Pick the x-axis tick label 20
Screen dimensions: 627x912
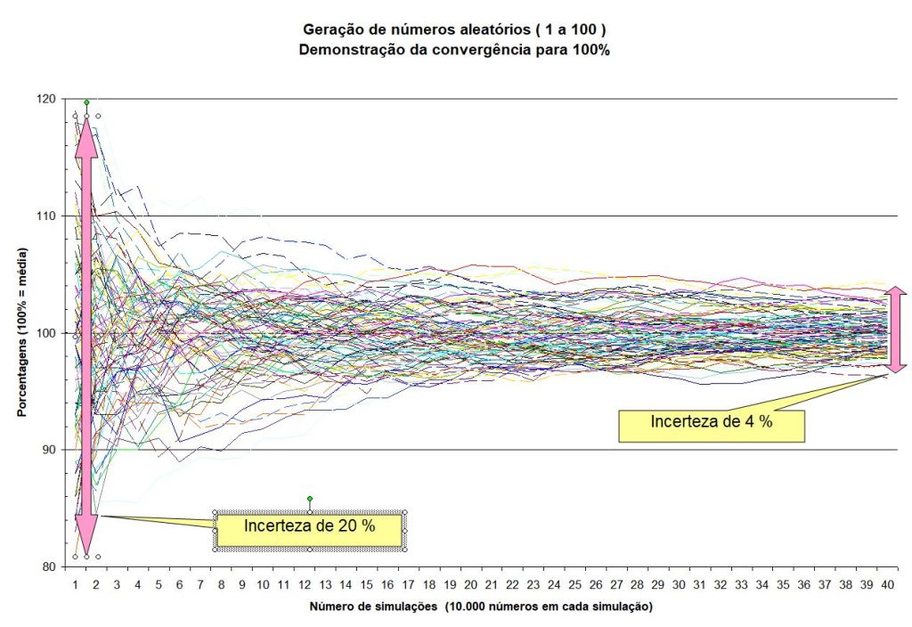pyautogui.click(x=470, y=584)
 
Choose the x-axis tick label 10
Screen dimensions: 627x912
pyautogui.click(x=263, y=584)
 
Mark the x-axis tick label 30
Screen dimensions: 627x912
pyautogui.click(x=679, y=584)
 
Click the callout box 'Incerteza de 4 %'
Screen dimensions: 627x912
pyautogui.click(x=711, y=422)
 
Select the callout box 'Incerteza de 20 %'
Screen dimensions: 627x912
pyautogui.click(x=310, y=526)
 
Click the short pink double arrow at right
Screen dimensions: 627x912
pyautogui.click(x=897, y=329)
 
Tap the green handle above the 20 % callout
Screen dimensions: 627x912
pyautogui.click(x=309, y=499)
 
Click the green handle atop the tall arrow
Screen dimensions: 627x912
pyautogui.click(x=86, y=102)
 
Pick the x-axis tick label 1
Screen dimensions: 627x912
pyautogui.click(x=76, y=584)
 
